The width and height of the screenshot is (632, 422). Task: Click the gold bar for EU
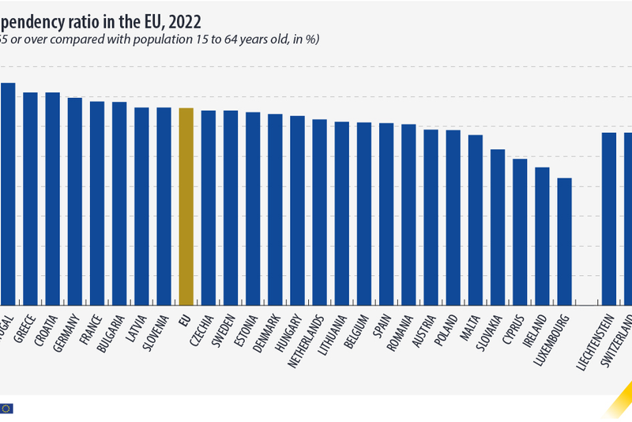(186, 206)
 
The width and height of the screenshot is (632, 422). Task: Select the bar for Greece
(31, 198)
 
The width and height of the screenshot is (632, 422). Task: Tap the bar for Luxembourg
(564, 241)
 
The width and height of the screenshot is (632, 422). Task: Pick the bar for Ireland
(542, 235)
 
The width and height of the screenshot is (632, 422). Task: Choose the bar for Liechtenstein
(609, 218)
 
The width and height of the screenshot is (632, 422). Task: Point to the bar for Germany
(75, 202)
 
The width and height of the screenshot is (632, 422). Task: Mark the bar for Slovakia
(498, 227)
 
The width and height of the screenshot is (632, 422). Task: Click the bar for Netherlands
(319, 212)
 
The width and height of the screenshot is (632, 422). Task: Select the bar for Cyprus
(520, 232)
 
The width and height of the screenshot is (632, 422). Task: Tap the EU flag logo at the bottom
(6, 409)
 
